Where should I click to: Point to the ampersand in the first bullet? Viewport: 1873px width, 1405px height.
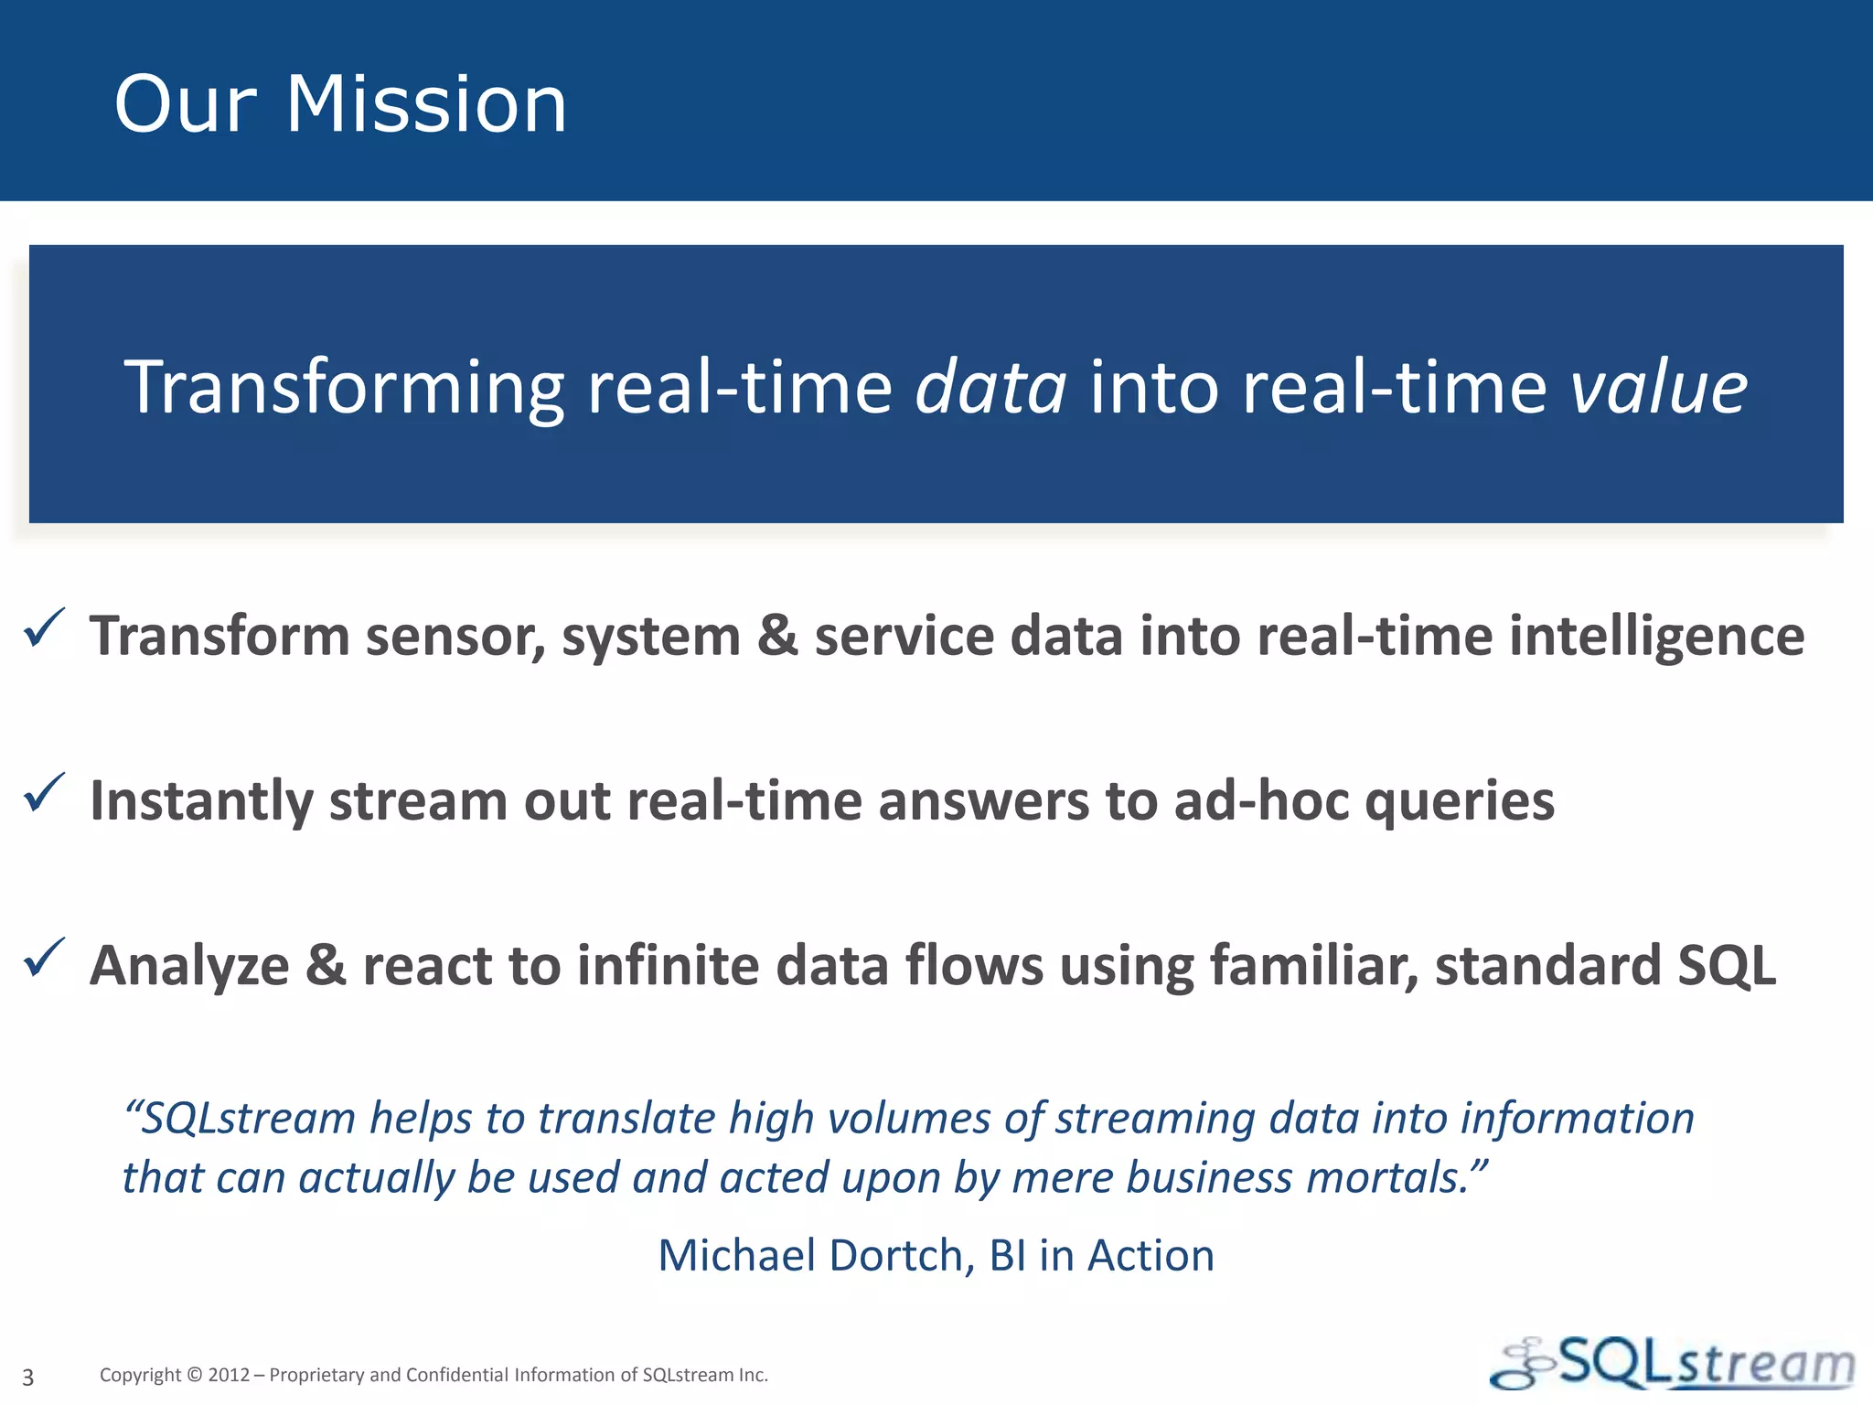point(776,636)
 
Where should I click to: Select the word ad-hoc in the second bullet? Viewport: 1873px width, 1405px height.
point(1261,801)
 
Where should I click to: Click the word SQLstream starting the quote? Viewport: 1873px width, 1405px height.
point(247,1119)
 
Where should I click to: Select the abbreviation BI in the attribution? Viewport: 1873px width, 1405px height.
point(1007,1255)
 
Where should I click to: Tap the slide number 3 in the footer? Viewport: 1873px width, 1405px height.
point(28,1377)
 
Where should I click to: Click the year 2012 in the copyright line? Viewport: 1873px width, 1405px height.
point(229,1375)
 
